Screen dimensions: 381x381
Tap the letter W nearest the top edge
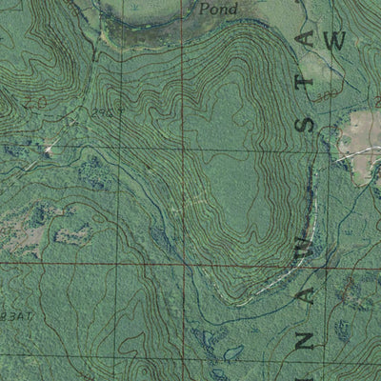click(332, 41)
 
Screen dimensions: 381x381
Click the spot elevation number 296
click(128, 110)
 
